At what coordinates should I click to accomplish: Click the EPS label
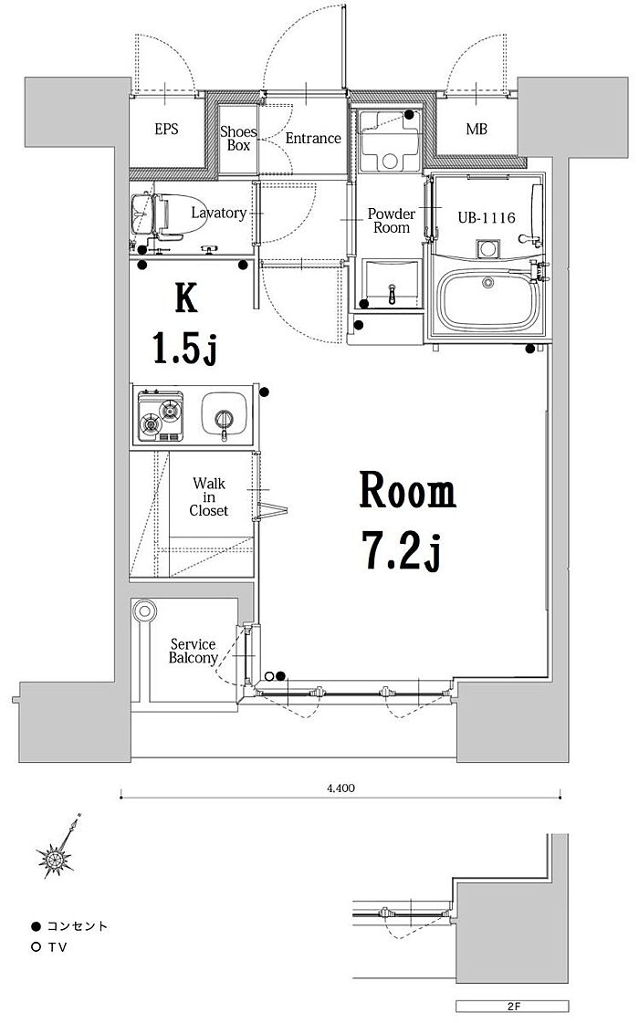(x=166, y=130)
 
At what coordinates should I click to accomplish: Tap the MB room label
(x=477, y=130)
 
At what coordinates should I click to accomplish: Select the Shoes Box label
(x=238, y=139)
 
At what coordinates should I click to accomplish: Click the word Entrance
(x=313, y=139)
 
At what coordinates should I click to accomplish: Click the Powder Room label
(x=392, y=221)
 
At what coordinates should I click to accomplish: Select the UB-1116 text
(x=487, y=218)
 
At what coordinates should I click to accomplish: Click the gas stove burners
(x=161, y=416)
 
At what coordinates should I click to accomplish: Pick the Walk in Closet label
(x=209, y=497)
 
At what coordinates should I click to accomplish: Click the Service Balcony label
(x=194, y=651)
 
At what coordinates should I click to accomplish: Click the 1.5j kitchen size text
(x=184, y=347)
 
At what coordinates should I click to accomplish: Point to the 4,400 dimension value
(x=340, y=788)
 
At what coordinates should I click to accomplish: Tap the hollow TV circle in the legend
(x=36, y=947)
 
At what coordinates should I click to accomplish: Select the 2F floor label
(x=512, y=1006)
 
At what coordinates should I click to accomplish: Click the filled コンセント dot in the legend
(x=36, y=926)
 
